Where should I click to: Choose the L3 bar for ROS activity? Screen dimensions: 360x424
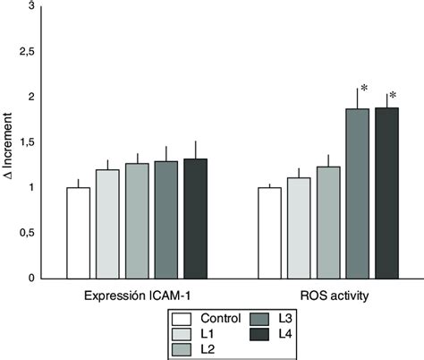tap(358, 193)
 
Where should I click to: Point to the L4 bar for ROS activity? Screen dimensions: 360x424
tap(386, 193)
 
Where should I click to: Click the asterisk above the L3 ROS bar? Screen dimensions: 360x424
tap(364, 89)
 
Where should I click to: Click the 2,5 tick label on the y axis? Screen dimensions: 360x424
tap(30, 52)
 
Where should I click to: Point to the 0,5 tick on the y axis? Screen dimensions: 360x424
tap(30, 233)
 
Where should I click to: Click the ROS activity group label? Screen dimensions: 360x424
tap(327, 295)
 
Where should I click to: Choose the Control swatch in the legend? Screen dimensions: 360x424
tap(183, 318)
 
